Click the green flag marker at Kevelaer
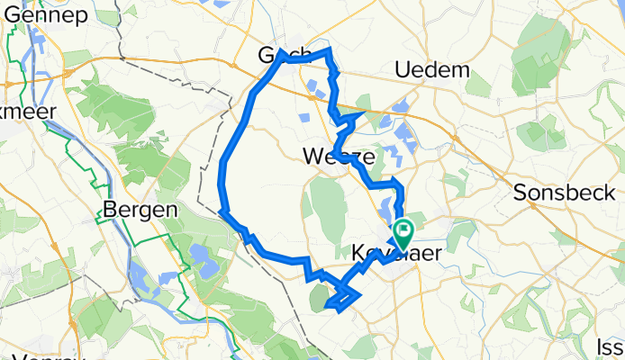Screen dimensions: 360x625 402,233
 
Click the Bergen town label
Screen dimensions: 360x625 135,209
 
